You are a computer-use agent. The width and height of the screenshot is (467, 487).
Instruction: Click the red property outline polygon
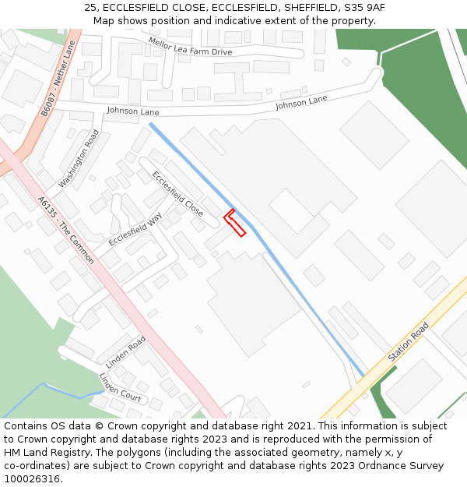click(x=235, y=223)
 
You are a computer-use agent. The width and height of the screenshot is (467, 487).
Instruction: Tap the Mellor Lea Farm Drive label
click(x=191, y=46)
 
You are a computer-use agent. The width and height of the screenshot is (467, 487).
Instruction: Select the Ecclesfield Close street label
click(x=177, y=193)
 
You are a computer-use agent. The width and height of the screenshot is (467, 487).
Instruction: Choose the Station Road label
click(x=408, y=341)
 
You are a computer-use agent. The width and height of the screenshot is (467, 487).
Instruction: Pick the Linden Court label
click(x=120, y=387)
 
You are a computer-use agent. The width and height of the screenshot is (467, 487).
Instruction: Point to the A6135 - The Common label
click(x=66, y=229)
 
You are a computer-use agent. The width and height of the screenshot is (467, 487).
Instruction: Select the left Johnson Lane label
click(x=132, y=111)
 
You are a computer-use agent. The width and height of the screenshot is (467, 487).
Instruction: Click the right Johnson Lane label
click(x=301, y=102)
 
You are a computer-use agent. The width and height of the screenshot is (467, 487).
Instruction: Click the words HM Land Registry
click(x=46, y=453)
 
